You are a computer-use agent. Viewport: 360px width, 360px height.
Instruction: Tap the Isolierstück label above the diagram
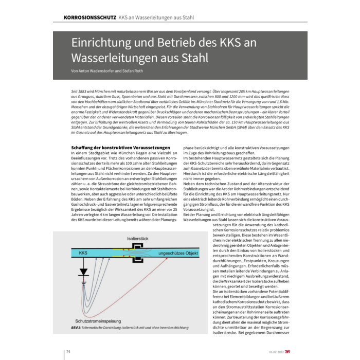click(138, 239)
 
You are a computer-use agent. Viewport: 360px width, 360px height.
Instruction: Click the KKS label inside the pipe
click(83, 254)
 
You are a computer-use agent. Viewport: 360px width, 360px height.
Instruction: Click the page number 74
click(68, 352)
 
